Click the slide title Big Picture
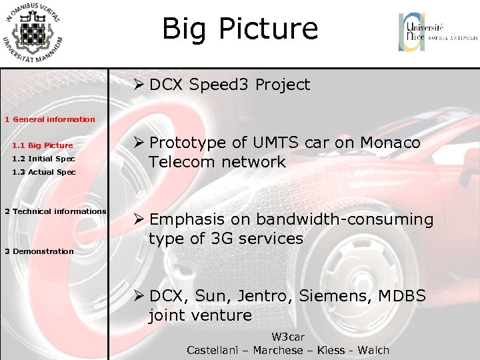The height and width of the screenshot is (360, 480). pos(240,29)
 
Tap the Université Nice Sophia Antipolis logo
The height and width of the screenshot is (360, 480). pos(437,33)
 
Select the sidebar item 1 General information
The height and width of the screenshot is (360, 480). pos(50,119)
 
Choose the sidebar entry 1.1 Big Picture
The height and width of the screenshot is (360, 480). pos(43,145)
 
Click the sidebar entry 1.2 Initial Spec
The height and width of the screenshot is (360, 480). pos(43,159)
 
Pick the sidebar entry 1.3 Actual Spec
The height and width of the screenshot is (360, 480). pos(44,172)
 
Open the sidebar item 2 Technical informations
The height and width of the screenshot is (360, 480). pos(55,211)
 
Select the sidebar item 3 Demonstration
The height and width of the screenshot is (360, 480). pos(39,251)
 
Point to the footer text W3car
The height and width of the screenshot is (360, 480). pos(287,337)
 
